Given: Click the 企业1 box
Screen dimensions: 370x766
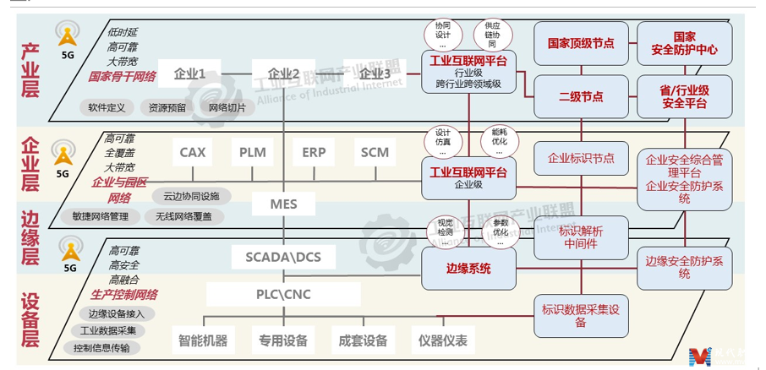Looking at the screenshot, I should pos(195,74).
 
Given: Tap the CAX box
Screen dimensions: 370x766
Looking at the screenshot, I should pos(193,153).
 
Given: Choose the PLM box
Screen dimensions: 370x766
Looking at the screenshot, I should pos(253,153).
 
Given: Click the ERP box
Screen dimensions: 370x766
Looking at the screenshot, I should pos(314,153).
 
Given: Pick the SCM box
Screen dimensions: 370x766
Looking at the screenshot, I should pos(375,153).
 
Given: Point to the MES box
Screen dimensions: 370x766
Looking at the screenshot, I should pos(283,204).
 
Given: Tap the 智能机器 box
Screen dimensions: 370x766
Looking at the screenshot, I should pos(202,341).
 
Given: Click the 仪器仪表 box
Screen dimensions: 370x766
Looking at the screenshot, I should pos(442,341).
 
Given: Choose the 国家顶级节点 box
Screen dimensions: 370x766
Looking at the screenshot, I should pos(581,43).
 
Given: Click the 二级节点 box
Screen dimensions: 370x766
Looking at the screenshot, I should pos(581,97).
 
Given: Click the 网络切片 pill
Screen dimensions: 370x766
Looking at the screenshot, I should pos(227,108).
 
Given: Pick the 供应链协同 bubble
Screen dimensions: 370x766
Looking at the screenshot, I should pos(491,35).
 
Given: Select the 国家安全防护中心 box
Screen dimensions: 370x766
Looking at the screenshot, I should pos(685,43).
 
